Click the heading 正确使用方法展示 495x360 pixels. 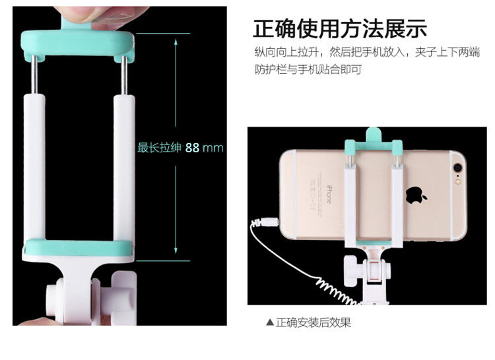340,29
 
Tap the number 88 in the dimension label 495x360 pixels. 192,148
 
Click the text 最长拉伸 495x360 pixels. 160,147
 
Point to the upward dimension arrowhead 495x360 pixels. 176,43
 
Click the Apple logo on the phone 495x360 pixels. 415,195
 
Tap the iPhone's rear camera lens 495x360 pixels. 457,167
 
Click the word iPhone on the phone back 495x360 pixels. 329,194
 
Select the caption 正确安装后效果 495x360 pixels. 313,322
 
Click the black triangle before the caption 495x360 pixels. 269,322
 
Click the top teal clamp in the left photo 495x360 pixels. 78,44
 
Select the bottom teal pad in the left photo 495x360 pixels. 80,247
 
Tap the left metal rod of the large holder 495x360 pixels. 34,75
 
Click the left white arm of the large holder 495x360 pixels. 34,167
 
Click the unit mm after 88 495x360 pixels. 213,148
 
